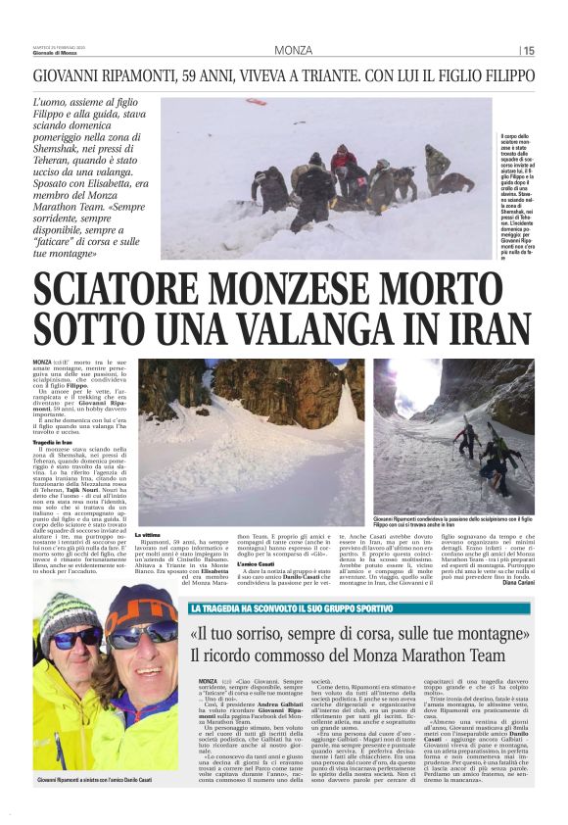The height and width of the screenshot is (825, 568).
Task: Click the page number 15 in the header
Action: point(529,50)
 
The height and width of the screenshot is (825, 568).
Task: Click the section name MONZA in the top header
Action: point(294,50)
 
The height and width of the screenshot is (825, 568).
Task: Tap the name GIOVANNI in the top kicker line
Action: point(70,75)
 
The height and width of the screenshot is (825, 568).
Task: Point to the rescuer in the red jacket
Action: point(343,162)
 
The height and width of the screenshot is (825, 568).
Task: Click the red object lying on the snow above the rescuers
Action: point(256,102)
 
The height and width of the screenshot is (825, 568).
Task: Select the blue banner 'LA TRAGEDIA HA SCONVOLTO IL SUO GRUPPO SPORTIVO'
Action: point(294,581)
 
